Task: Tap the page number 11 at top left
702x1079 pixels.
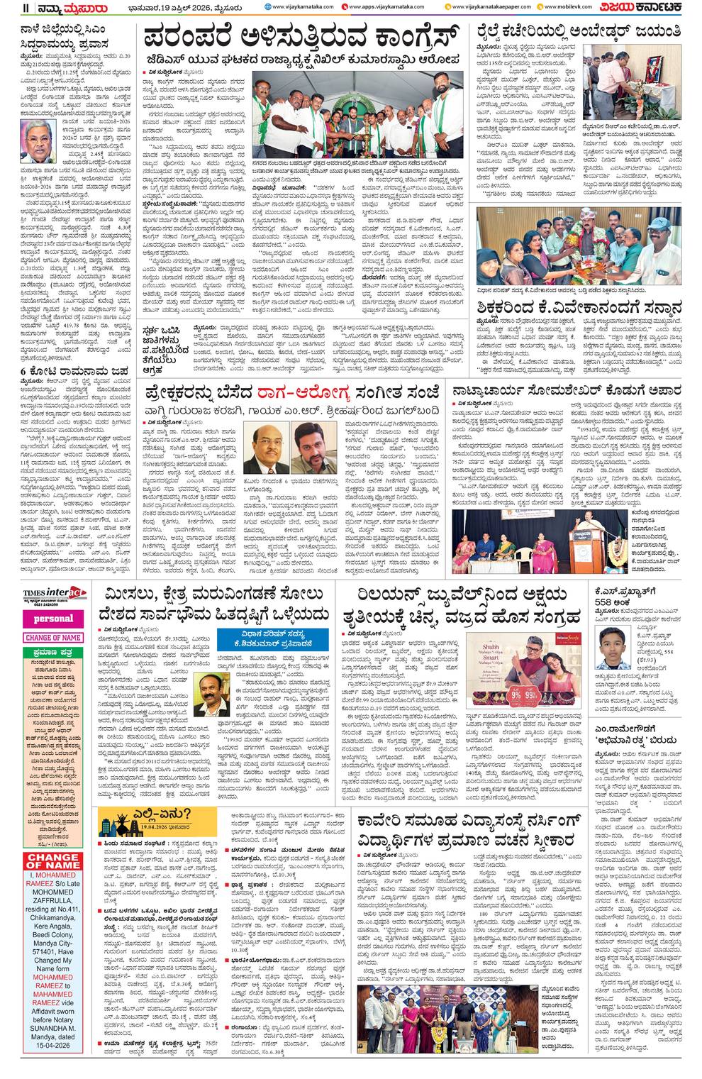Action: point(6,8)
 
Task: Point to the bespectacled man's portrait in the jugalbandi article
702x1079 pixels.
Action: point(264,445)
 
